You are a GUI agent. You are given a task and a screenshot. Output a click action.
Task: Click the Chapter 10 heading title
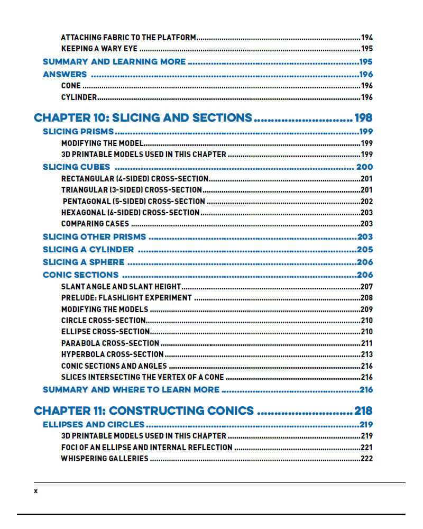[143, 117]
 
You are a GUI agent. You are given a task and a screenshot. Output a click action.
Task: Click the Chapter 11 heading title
[144, 411]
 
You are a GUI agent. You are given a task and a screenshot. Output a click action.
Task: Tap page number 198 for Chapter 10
[364, 117]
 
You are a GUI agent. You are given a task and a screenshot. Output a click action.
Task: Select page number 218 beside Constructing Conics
[364, 411]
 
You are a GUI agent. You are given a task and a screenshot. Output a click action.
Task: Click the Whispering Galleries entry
[105, 459]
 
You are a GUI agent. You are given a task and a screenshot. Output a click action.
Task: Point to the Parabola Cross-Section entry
[110, 343]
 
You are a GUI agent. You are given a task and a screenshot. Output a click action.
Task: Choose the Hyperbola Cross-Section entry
[112, 354]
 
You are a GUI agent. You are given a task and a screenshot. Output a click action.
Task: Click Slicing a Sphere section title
[84, 262]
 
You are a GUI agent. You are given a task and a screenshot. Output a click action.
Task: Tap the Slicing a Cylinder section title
[88, 250]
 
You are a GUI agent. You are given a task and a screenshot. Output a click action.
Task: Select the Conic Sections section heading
[80, 275]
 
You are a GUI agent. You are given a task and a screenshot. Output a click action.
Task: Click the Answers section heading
[65, 75]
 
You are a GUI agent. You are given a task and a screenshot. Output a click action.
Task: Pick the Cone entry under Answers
[71, 86]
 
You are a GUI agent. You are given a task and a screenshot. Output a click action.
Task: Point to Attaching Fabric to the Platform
[128, 38]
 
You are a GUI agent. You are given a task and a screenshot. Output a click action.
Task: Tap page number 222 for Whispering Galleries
[366, 459]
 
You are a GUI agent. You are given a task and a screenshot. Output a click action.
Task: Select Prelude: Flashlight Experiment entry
[126, 298]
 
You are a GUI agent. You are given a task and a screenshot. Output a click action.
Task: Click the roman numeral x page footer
[36, 491]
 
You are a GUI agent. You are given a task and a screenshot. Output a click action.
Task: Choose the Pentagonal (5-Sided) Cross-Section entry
[134, 202]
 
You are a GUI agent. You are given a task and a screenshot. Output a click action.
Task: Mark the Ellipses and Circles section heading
[94, 425]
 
